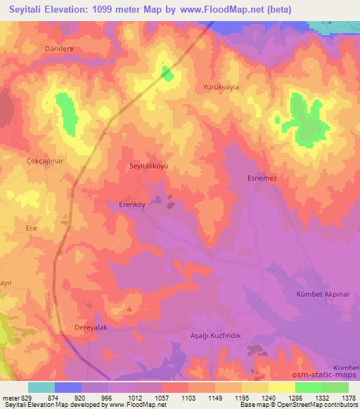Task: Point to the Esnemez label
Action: (262, 178)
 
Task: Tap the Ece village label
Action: (31, 228)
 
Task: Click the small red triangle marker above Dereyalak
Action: (129, 309)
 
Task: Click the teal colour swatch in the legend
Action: (41, 387)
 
